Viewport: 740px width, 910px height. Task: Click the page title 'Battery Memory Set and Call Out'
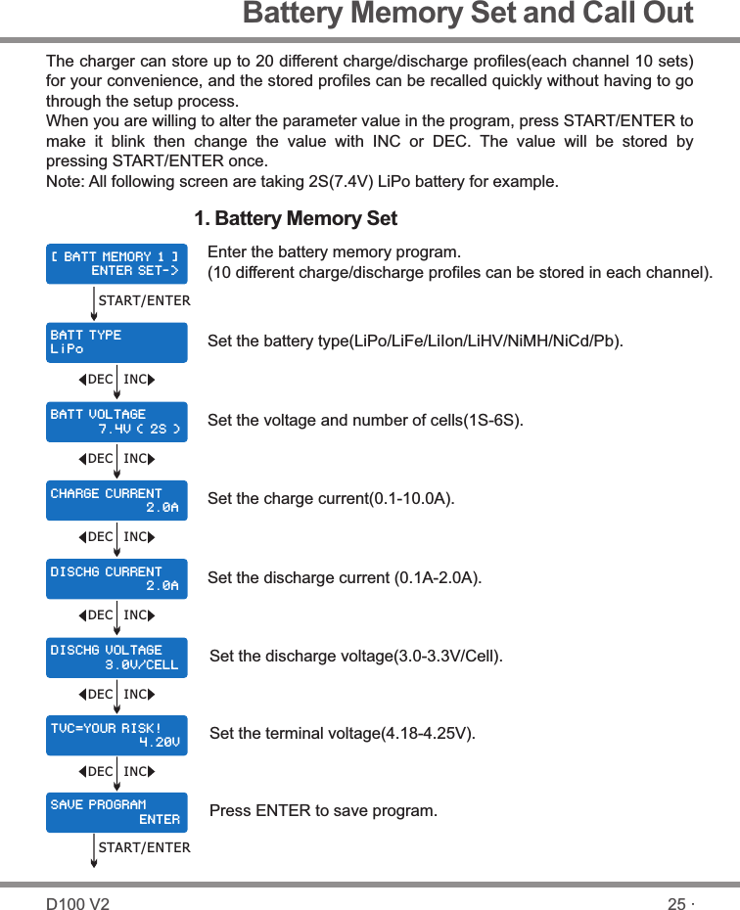coord(467,14)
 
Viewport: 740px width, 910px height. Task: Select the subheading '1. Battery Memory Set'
coord(296,217)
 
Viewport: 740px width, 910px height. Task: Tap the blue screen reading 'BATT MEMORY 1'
coord(116,263)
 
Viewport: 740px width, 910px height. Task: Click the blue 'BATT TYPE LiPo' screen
coord(116,342)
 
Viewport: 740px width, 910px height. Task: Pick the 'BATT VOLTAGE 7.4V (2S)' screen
coord(116,422)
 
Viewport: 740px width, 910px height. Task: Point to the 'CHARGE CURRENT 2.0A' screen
coord(116,500)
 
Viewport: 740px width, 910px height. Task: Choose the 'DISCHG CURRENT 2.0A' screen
coord(116,578)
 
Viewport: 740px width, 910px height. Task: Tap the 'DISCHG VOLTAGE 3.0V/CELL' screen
coord(116,658)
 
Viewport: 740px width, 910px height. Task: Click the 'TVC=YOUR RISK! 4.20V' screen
coord(116,736)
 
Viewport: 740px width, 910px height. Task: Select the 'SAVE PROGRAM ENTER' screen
coord(116,812)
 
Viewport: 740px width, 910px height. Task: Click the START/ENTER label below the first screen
coord(145,300)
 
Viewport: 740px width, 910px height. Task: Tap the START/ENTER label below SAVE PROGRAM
coord(145,847)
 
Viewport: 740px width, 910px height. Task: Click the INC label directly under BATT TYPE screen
coord(135,379)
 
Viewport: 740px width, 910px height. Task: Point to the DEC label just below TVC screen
coord(100,772)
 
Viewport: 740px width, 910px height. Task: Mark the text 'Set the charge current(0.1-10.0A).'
coord(331,499)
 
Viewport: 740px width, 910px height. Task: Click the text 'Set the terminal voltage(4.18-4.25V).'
coord(343,733)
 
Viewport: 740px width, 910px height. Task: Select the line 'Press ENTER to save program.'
coord(324,811)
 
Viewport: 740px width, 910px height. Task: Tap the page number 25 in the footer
coord(676,904)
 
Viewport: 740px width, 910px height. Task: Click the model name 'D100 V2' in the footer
coord(78,904)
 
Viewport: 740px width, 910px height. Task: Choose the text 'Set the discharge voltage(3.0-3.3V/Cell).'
coord(356,656)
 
